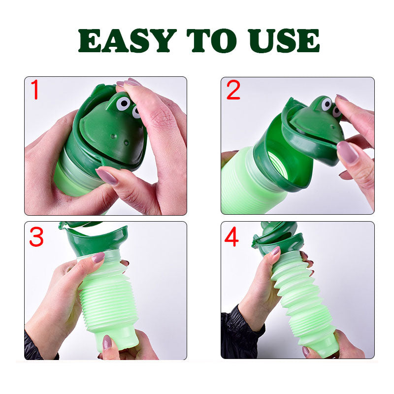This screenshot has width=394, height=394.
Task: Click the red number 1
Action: pyautogui.click(x=34, y=91)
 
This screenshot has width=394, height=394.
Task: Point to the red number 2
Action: pyautogui.click(x=233, y=91)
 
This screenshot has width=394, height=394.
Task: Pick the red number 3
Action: pyautogui.click(x=36, y=237)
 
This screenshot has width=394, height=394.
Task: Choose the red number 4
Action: pyautogui.click(x=232, y=237)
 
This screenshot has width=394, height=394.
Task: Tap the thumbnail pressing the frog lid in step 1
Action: pyautogui.click(x=107, y=176)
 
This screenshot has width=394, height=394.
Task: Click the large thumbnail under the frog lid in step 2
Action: pyautogui.click(x=348, y=152)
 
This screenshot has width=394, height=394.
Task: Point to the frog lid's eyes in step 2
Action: pyautogui.click(x=330, y=106)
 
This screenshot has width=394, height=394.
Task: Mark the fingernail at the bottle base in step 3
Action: pyautogui.click(x=107, y=341)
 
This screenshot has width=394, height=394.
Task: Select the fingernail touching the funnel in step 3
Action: pyautogui.click(x=98, y=258)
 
